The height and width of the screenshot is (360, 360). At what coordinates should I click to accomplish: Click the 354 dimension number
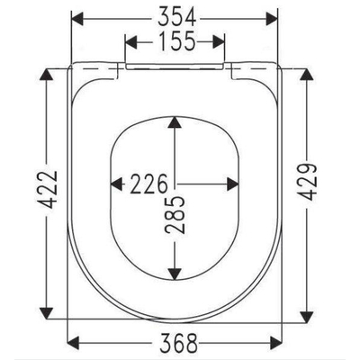click(177, 17)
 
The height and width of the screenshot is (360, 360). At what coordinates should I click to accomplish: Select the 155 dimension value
click(176, 41)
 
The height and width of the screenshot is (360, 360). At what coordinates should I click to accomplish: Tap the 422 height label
click(47, 190)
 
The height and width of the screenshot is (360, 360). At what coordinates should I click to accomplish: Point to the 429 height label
click(307, 182)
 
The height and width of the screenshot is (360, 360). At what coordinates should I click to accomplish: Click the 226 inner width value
click(148, 184)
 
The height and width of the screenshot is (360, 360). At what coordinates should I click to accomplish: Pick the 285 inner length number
click(175, 214)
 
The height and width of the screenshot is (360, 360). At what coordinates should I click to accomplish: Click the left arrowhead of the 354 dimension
click(76, 18)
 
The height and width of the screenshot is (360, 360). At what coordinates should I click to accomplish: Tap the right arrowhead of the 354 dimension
click(271, 18)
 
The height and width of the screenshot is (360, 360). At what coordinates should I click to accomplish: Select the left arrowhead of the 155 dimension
click(130, 41)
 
